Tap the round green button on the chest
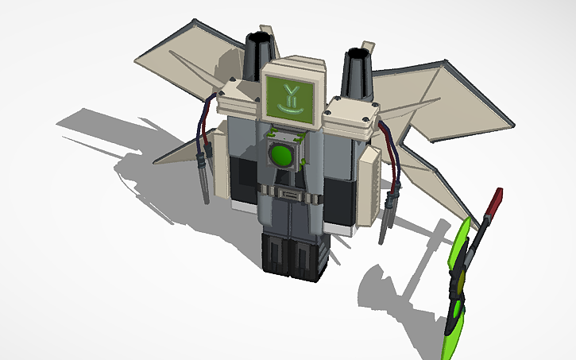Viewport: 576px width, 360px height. click(282, 154)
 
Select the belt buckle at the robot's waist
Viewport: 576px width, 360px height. click(290, 193)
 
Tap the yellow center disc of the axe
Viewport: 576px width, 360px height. click(459, 282)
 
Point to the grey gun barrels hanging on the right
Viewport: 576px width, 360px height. click(389, 212)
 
